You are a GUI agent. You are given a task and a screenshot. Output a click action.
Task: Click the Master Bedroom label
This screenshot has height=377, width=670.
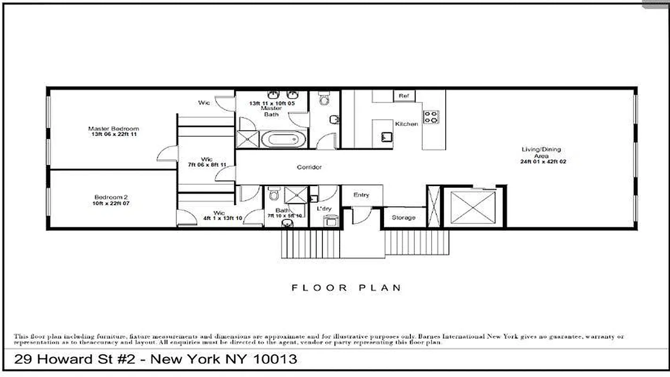point(114,129)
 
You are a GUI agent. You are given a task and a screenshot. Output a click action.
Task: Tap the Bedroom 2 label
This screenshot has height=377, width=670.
point(111,197)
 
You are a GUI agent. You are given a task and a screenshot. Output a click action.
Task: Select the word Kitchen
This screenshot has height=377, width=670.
point(406,124)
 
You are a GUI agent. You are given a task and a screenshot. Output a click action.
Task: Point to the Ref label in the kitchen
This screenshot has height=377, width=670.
point(403,96)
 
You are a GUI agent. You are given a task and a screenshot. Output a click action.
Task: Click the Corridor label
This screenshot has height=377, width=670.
point(309,167)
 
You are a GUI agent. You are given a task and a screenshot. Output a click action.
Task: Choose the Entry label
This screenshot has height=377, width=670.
point(361,195)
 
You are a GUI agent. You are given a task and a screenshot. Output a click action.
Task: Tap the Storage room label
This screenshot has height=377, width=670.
point(404,218)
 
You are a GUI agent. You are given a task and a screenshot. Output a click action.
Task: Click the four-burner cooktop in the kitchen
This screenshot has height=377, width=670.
point(431,117)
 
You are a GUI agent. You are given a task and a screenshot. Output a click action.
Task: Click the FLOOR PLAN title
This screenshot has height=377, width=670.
point(346,287)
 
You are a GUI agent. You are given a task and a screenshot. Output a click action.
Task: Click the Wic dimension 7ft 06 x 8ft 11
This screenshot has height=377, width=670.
point(207,165)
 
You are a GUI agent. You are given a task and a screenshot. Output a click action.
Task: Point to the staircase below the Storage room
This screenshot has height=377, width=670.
point(417,242)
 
